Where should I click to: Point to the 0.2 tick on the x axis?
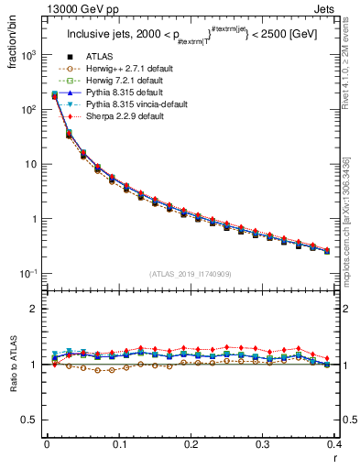[x=191, y=443]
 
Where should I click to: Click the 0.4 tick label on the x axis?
[x=335, y=443]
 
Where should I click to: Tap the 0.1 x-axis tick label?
[x=118, y=443]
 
